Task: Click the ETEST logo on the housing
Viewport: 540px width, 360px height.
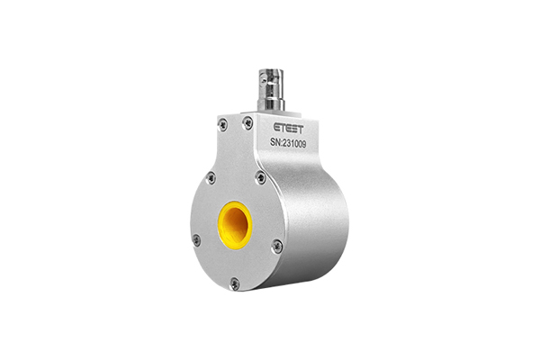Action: (289, 129)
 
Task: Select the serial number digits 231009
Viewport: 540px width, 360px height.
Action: (294, 144)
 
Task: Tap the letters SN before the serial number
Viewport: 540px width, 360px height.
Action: (274, 142)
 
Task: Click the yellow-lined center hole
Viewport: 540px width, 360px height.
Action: (235, 225)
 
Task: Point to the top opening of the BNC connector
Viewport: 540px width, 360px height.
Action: (272, 71)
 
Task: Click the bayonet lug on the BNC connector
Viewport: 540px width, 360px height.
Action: (264, 82)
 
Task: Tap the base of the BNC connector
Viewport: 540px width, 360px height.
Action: (271, 104)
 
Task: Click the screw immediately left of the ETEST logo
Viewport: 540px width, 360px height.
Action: (247, 122)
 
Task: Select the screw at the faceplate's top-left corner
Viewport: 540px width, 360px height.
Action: (223, 124)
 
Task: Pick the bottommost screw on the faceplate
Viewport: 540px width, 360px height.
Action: (235, 283)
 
